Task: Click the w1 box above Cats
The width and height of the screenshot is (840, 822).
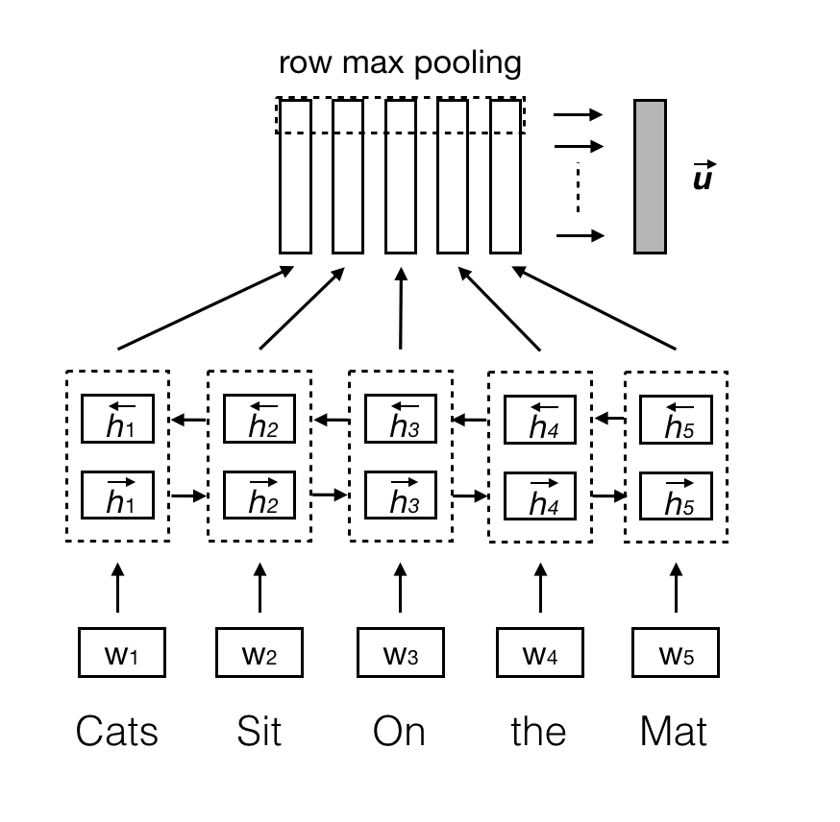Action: pos(121,652)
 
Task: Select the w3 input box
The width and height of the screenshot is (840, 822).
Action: pos(401,652)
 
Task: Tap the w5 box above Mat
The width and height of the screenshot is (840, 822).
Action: pos(675,652)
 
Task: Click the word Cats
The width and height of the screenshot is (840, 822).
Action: pos(117,732)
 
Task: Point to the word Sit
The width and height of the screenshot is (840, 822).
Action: pos(259,732)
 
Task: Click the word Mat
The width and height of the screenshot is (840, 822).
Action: pos(673,732)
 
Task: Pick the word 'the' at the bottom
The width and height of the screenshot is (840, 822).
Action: pos(538,732)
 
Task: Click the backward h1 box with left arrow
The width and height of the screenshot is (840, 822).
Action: pos(118,419)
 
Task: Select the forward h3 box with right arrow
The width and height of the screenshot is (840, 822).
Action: pos(401,495)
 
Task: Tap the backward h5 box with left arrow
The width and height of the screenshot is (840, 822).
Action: pos(675,419)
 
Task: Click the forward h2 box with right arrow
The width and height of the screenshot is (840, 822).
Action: pos(259,495)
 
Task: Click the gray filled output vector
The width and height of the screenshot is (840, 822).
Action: pos(650,176)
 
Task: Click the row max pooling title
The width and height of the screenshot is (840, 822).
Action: pos(400,63)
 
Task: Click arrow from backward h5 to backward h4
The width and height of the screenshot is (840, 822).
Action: pos(609,419)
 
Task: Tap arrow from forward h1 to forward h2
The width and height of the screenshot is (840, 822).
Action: pos(188,496)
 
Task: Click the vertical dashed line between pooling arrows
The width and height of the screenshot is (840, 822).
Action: pos(578,189)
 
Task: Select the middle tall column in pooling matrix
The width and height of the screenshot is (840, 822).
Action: pos(401,176)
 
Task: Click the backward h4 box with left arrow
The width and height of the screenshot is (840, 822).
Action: pos(540,420)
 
